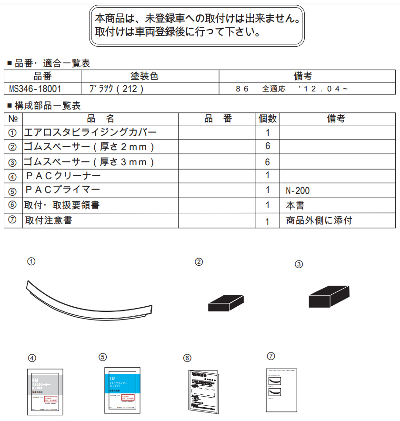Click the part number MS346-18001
35,89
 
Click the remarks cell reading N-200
298,190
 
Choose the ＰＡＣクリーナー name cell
63,176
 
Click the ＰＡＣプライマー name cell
62,190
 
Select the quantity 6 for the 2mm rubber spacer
268,146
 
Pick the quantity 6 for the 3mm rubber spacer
268,162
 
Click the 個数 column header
268,119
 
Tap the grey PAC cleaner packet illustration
44,391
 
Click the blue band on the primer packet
122,381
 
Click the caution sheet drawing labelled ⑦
281,389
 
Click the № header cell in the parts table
13,119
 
